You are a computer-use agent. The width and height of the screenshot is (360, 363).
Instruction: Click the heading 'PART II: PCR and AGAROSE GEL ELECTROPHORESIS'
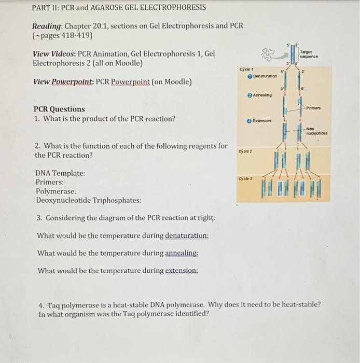click(119, 8)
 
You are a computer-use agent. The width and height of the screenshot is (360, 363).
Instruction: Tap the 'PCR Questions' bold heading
click(59, 109)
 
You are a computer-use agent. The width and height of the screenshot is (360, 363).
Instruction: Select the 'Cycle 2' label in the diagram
click(246, 151)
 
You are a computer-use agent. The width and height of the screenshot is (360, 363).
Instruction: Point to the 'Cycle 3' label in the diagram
click(246, 178)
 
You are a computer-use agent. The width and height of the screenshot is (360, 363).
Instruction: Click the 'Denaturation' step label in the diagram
click(262, 76)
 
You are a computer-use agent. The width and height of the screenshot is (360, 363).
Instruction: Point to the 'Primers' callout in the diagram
click(314, 108)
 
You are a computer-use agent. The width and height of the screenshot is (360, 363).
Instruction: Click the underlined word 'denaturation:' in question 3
click(187, 235)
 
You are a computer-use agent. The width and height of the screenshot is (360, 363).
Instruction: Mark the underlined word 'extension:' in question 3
click(182, 271)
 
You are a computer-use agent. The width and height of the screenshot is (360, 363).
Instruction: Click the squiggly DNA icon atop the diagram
click(269, 54)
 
